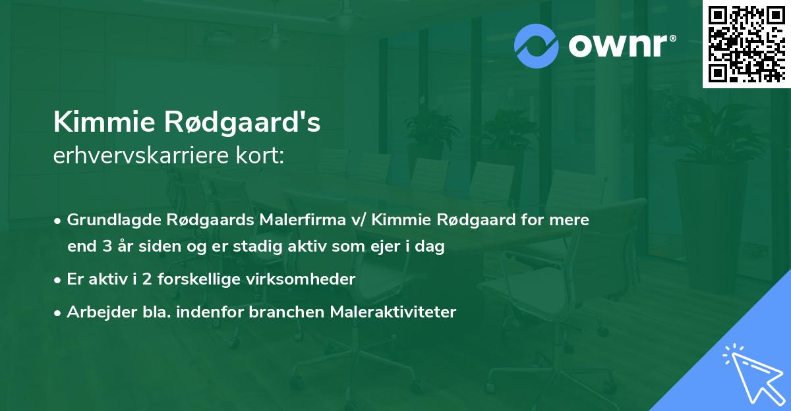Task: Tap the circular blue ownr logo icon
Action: click(x=537, y=46)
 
